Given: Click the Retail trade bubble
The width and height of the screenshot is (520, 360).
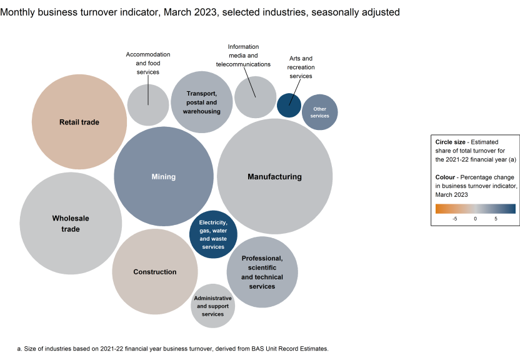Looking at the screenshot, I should (79, 122).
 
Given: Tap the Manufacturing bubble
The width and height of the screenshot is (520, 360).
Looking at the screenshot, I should (274, 177).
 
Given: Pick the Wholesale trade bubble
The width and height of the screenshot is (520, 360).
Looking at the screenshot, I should (70, 224).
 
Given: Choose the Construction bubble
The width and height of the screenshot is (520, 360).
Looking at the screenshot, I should (155, 272).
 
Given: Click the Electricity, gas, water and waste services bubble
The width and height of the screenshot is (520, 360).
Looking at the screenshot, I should (213, 234).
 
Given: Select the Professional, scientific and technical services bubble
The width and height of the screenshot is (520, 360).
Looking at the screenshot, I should (262, 272).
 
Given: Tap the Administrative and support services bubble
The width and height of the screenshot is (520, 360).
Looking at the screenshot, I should (213, 306).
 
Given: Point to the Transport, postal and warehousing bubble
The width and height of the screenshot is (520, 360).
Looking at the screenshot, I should (202, 102).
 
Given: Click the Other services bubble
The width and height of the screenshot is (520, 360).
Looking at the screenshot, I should (319, 112).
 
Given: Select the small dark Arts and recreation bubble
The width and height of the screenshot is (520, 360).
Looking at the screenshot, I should (289, 104).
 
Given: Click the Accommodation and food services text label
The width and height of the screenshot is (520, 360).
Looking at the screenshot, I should (148, 63).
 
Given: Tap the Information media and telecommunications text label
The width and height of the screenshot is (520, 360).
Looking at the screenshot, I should (243, 56).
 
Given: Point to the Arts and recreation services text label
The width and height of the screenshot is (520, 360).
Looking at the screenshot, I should (301, 67).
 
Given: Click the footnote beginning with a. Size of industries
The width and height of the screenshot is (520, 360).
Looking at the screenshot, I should (172, 348).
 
